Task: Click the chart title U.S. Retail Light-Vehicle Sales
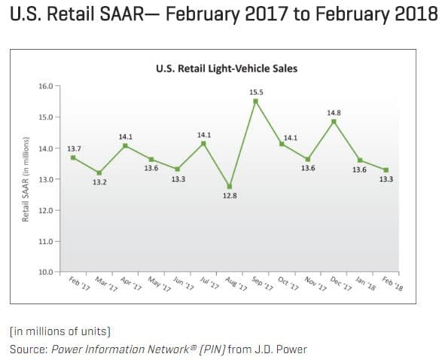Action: click(227, 69)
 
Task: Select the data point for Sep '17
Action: click(256, 101)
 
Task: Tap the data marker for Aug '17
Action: click(230, 186)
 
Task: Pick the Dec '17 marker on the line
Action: click(334, 121)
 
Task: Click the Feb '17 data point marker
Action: click(73, 157)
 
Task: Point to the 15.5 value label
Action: click(256, 91)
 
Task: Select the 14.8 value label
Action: click(334, 112)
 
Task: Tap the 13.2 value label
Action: click(99, 182)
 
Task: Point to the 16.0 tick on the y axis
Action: click(47, 87)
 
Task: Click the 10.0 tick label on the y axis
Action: click(47, 272)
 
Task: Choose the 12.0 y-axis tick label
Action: click(47, 210)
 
